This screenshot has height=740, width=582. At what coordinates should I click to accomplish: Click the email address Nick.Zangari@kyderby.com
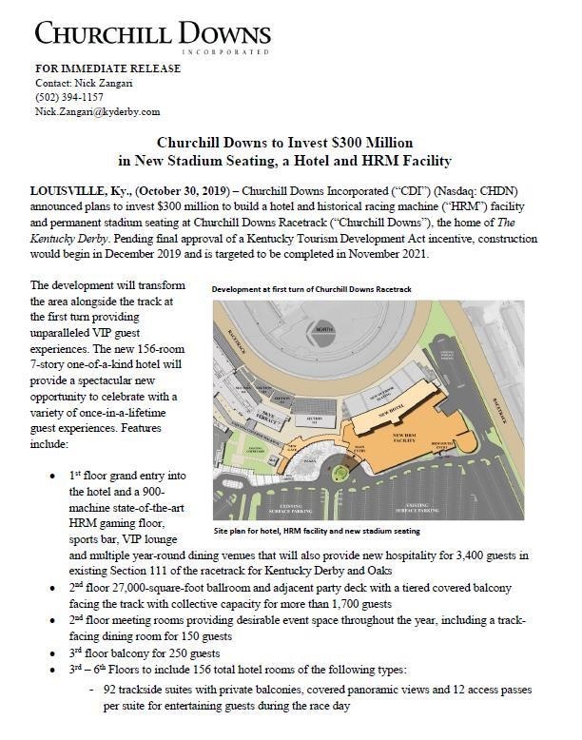click(x=97, y=111)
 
